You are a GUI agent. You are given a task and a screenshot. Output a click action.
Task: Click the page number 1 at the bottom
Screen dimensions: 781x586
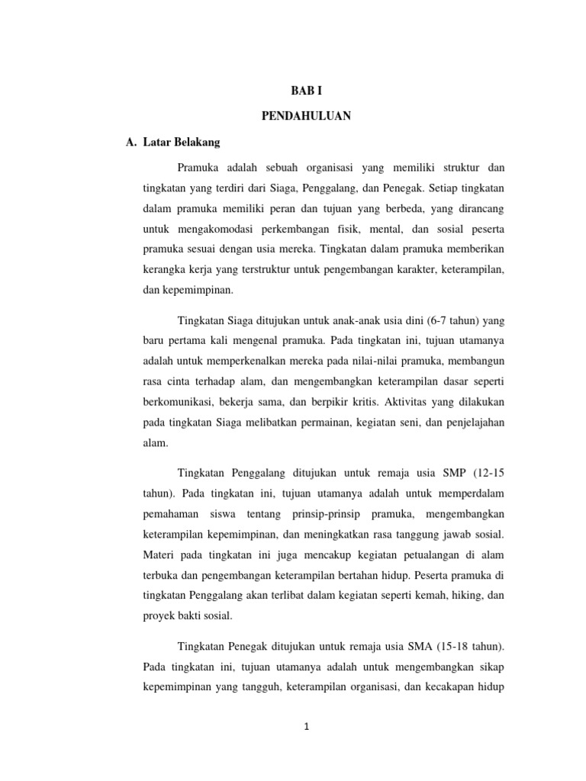[x=306, y=727]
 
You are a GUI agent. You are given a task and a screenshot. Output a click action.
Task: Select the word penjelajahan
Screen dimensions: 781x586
[x=472, y=421]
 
